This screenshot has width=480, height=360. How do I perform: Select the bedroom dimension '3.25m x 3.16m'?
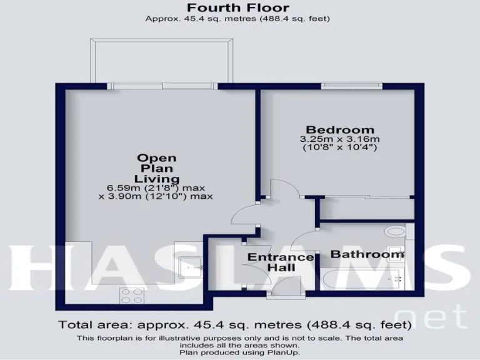(x=340, y=139)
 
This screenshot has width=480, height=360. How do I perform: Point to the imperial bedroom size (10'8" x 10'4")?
(x=340, y=147)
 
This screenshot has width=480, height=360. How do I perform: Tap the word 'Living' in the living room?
(x=157, y=179)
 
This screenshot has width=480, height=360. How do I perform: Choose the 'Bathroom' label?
(x=367, y=254)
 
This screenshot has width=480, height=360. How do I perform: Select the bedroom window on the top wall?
(x=353, y=85)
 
